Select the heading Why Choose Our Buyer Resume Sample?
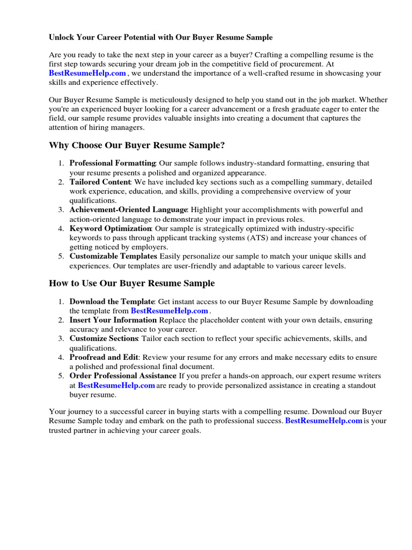pos(137,146)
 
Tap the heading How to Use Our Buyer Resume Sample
pos(131,283)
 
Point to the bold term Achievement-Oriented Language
pos(128,210)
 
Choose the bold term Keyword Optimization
pos(111,229)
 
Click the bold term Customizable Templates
pos(113,257)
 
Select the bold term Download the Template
pos(112,302)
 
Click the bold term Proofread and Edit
pos(104,357)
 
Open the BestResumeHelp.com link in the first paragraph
pos(87,73)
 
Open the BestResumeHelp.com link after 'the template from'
pos(169,311)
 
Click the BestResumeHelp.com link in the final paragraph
pos(323,421)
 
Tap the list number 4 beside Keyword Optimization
pos(61,229)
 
